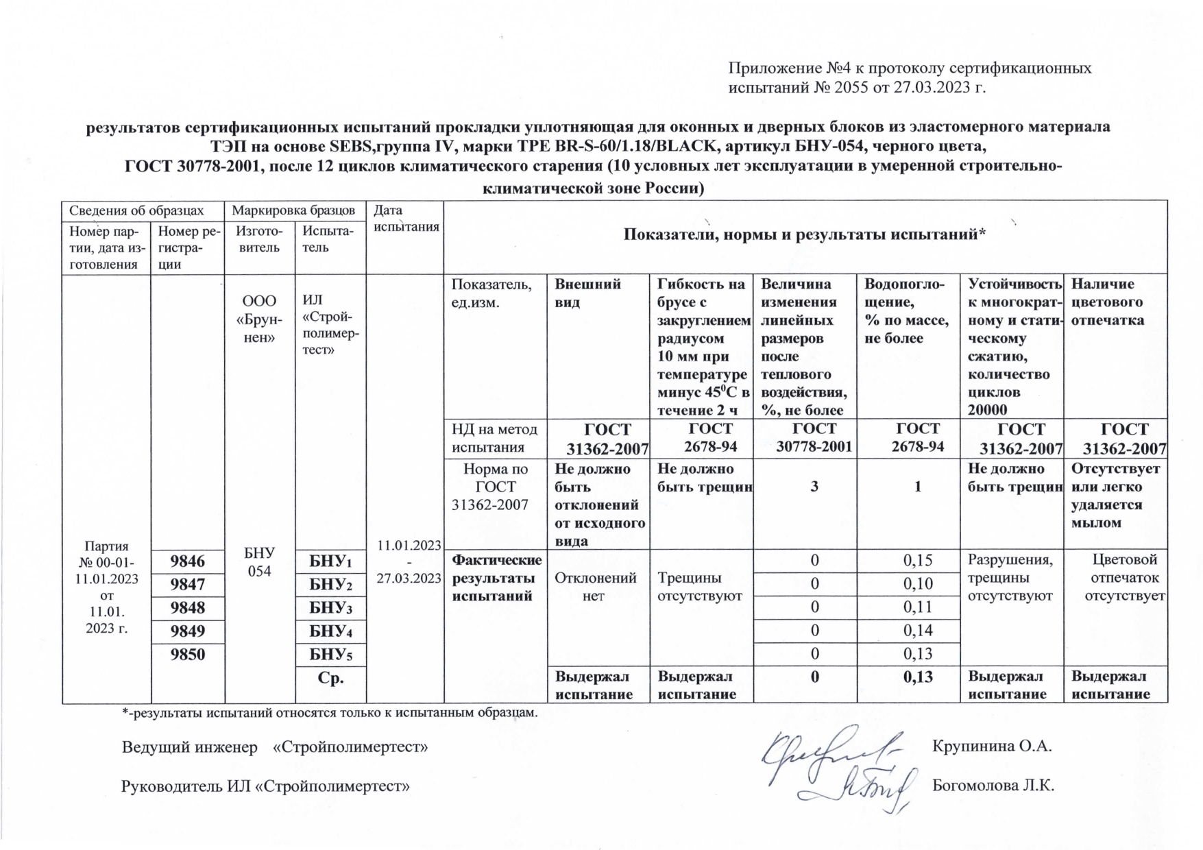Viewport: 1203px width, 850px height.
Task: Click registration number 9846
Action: (187, 561)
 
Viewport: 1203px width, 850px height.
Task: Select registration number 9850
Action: (187, 654)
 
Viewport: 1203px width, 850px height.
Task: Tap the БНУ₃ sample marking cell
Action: (330, 608)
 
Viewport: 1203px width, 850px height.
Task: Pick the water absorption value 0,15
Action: (917, 560)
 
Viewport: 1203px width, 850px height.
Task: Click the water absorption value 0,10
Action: (917, 583)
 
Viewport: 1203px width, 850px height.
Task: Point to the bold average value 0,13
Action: (917, 677)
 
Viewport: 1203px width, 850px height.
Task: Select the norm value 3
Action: (814, 487)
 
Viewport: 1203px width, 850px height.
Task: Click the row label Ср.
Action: (330, 678)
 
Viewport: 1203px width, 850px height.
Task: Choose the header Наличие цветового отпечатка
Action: (1107, 302)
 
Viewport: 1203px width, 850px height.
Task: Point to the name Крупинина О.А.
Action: (991, 746)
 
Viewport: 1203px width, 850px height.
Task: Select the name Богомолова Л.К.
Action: (993, 786)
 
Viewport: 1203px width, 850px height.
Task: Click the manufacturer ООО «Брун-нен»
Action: (259, 319)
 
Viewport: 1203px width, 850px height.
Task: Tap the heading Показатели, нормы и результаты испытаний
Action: (804, 235)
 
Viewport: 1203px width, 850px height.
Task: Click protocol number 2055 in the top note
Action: (851, 87)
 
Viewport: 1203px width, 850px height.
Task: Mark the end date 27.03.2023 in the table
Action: (409, 578)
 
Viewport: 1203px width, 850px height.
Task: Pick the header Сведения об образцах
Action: (136, 210)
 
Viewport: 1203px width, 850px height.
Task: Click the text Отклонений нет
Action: (594, 587)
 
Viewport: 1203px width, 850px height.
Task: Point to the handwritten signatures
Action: (841, 768)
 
